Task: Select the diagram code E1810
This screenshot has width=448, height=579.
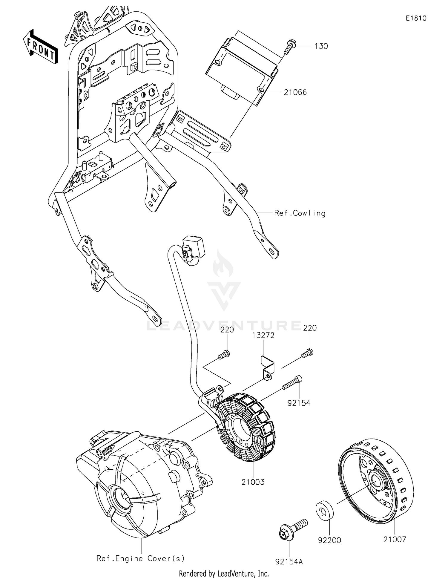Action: point(416,18)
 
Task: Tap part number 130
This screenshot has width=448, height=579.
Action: point(321,46)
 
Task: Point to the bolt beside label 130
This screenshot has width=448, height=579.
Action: point(290,47)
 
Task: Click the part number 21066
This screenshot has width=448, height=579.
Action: point(295,92)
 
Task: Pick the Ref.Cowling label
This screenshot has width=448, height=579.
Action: point(300,213)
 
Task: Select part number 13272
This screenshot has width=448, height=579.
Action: point(263,335)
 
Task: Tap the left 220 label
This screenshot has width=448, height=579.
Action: point(227,330)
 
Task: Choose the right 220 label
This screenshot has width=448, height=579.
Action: point(310,328)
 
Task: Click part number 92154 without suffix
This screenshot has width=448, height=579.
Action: point(299,403)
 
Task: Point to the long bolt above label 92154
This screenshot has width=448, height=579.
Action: point(292,383)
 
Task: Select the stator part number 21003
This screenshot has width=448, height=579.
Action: point(253,482)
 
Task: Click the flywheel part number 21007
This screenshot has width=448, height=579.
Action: point(395,539)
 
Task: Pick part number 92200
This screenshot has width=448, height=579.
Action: point(329,540)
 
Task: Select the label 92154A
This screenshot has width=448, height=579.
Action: point(289,562)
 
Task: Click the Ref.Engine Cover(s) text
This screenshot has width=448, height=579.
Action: point(141,558)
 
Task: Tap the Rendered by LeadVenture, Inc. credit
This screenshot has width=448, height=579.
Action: point(224,574)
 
